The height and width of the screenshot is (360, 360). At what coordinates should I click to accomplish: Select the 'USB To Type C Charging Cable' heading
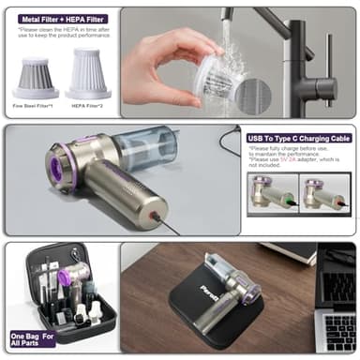(298, 138)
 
